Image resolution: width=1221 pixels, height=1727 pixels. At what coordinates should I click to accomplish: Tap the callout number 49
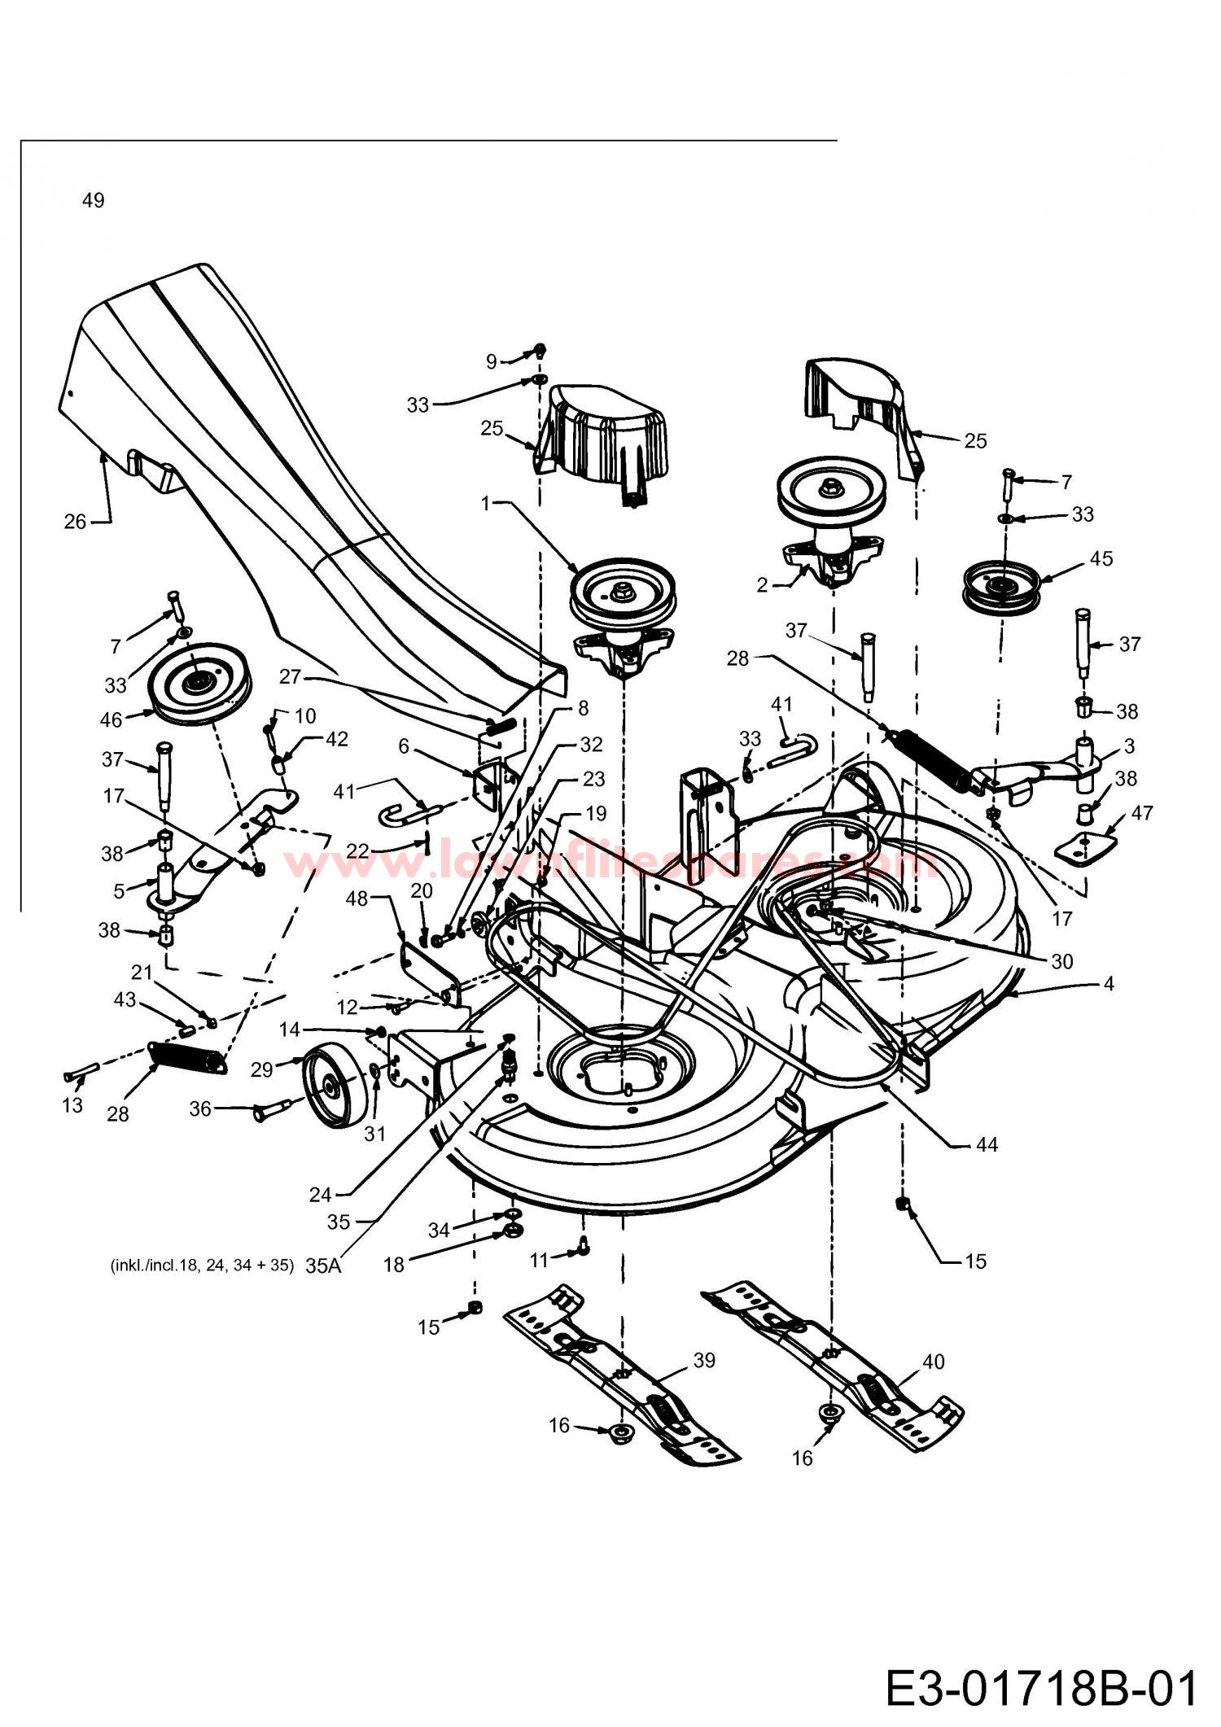click(x=94, y=200)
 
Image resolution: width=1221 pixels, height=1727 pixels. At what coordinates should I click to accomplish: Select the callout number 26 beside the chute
click(x=75, y=522)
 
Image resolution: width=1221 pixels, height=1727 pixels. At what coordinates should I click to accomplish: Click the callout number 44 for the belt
click(x=986, y=1144)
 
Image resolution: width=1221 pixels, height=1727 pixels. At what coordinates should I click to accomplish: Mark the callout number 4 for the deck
click(x=1108, y=983)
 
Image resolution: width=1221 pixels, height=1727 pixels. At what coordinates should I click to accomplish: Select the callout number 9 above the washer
click(x=491, y=361)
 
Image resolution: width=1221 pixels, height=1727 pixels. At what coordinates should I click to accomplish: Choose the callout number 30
click(x=1062, y=961)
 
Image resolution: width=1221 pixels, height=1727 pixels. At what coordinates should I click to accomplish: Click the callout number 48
click(x=357, y=898)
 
